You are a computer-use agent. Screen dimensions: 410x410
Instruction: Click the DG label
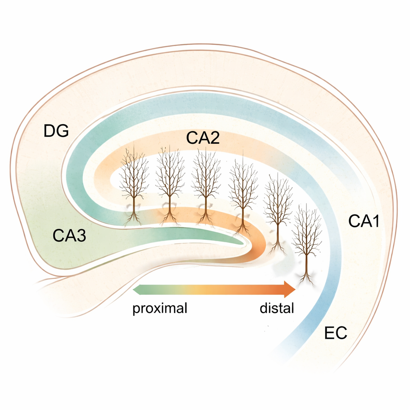point(56,131)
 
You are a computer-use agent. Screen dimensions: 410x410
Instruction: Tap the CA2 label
point(203,138)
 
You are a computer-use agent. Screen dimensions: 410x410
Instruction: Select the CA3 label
point(69,236)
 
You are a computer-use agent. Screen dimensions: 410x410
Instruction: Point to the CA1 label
point(364,221)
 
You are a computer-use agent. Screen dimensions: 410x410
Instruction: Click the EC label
point(336,333)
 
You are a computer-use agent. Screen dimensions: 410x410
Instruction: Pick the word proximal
point(160,309)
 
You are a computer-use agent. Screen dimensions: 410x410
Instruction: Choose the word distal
point(277,309)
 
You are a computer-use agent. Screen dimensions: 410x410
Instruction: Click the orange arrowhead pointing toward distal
point(290,289)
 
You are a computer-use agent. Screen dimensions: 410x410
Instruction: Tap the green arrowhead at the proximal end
point(137,289)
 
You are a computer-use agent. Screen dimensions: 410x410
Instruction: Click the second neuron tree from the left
point(170,180)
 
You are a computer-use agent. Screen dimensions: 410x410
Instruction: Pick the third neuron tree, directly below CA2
point(205,180)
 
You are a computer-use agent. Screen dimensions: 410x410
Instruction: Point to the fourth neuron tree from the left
point(243,188)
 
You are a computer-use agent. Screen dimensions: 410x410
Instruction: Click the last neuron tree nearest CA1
point(307,236)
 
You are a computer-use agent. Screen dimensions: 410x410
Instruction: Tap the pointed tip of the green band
point(242,241)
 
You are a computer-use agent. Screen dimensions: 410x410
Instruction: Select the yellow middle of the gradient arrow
point(200,289)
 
